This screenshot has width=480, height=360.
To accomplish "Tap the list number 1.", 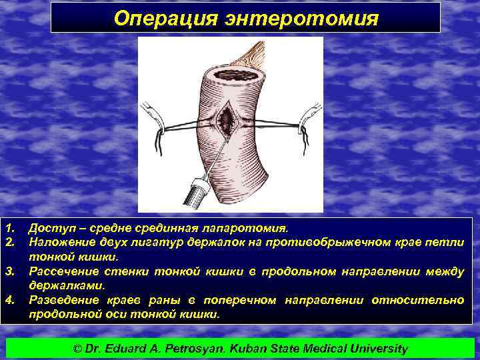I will click(9, 229).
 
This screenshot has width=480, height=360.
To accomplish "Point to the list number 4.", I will click(9, 300).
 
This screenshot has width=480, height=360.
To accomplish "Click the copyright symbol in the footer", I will click(77, 348).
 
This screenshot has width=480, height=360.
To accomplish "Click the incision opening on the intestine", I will click(227, 119).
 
